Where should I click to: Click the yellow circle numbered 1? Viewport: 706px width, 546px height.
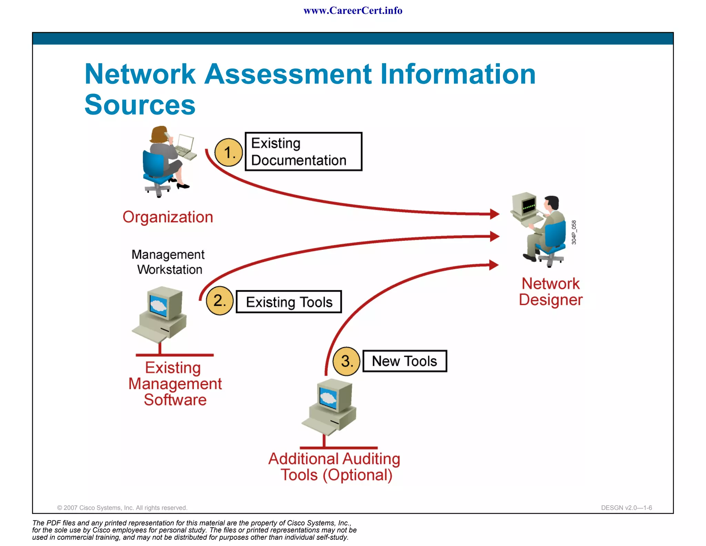pyautogui.click(x=229, y=152)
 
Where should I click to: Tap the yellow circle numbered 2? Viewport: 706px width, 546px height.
pyautogui.click(x=220, y=301)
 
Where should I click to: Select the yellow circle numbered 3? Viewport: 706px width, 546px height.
pyautogui.click(x=346, y=361)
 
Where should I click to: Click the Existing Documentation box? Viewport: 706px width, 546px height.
pyautogui.click(x=303, y=152)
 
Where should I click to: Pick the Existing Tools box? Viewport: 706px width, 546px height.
pyautogui.click(x=289, y=302)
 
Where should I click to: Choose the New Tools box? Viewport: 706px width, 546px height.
pyautogui.click(x=405, y=361)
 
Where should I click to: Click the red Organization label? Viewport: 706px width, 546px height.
pyautogui.click(x=168, y=217)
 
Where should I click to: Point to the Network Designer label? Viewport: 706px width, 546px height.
pyautogui.click(x=551, y=292)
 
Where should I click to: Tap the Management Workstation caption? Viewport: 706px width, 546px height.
pyautogui.click(x=168, y=262)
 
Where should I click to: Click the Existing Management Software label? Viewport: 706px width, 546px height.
pyautogui.click(x=175, y=384)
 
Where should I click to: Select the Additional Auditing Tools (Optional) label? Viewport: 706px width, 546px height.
pyautogui.click(x=334, y=467)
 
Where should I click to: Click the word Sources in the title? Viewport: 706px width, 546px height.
pyautogui.click(x=140, y=105)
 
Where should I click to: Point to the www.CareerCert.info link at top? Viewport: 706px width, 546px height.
pyautogui.click(x=353, y=11)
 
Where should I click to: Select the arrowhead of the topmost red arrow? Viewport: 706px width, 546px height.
pyautogui.click(x=495, y=214)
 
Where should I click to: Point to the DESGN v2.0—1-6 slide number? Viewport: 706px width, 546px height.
pyautogui.click(x=626, y=508)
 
